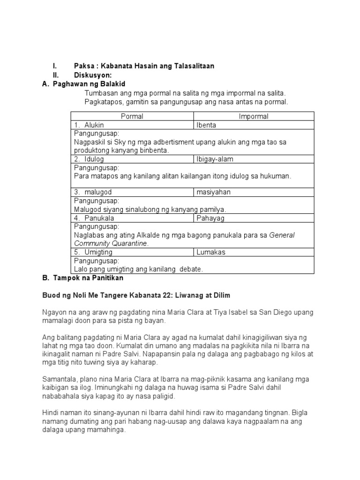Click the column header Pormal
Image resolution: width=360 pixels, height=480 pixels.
(132, 116)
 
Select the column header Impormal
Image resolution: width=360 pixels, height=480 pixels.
(254, 116)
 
